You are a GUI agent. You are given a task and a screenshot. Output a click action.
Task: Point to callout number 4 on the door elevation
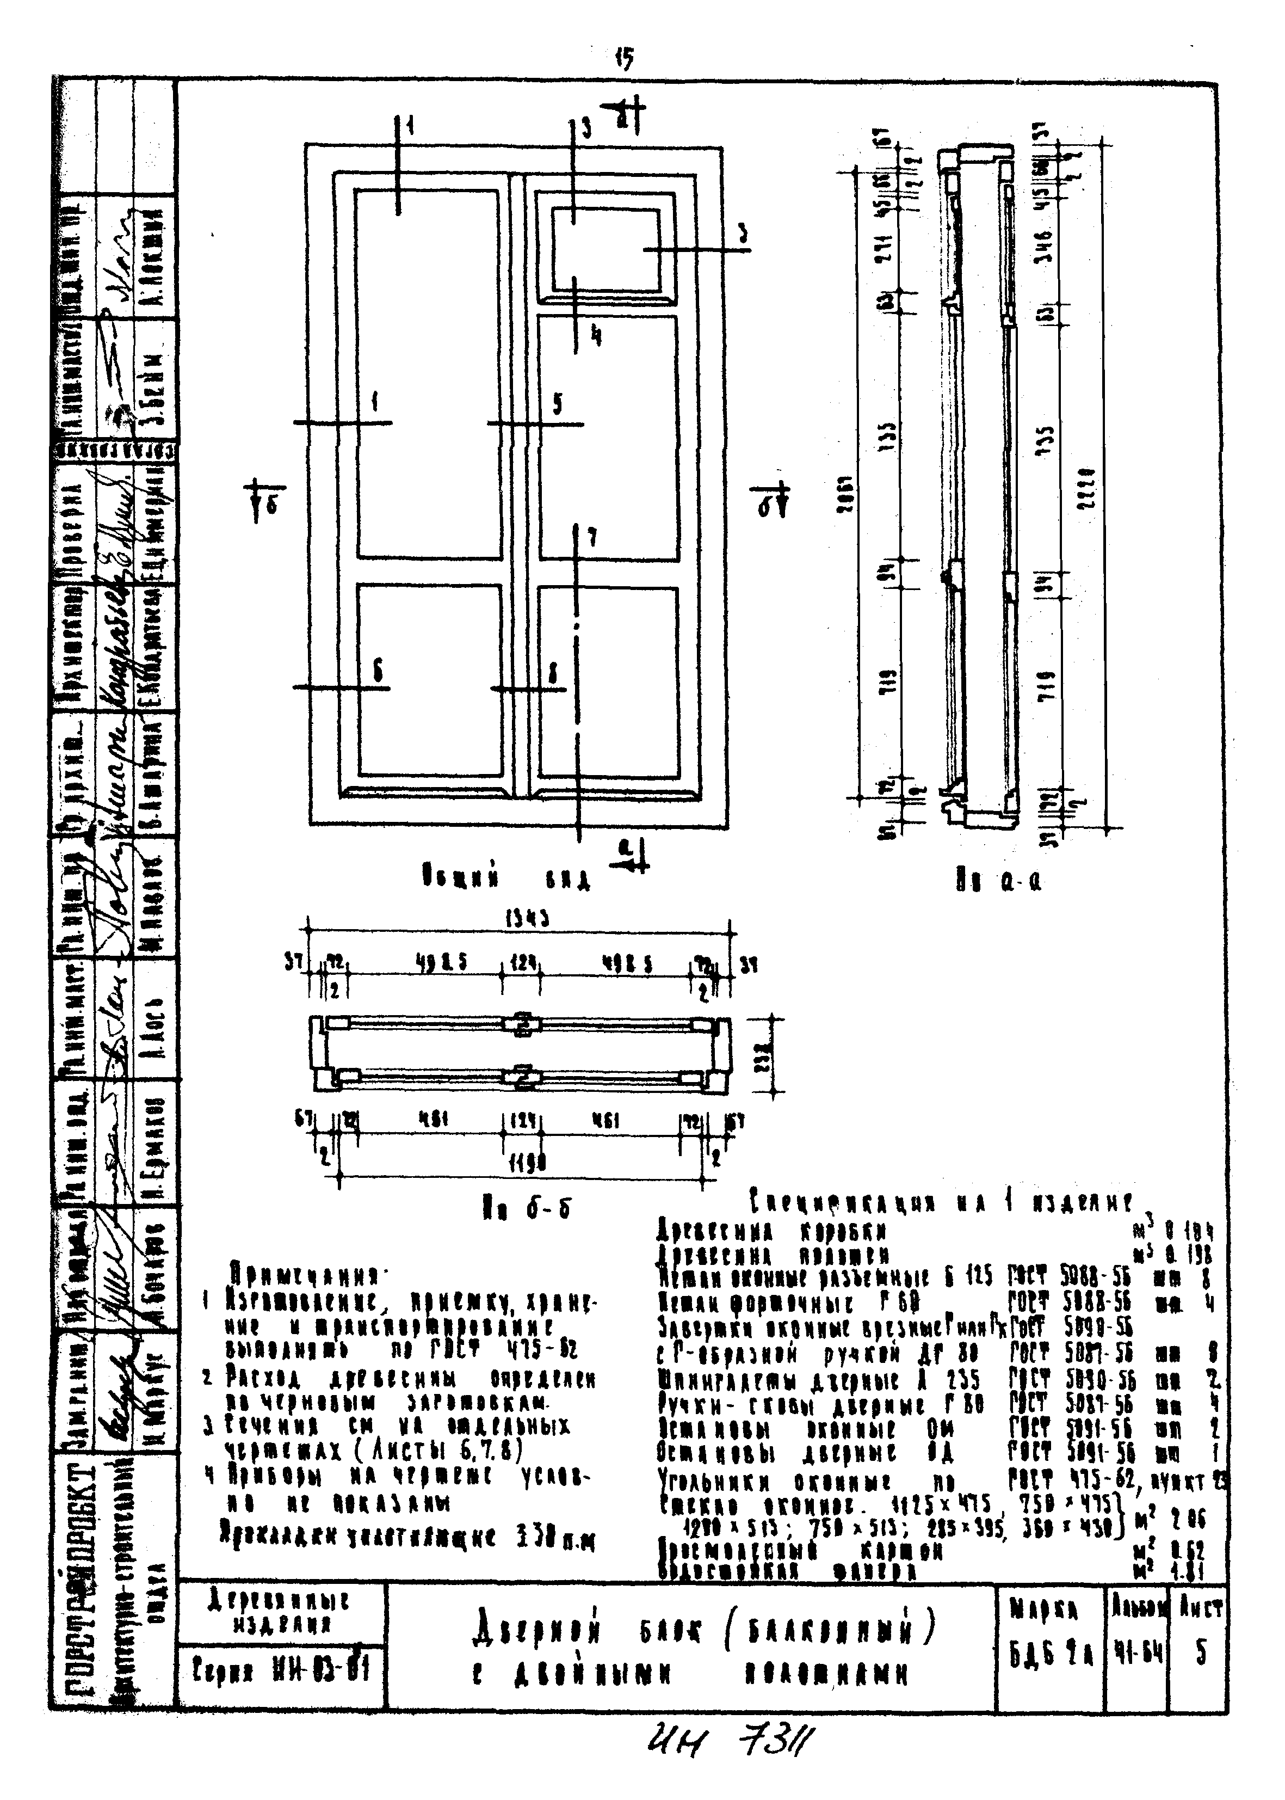(x=596, y=336)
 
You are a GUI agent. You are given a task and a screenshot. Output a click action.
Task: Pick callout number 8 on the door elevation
(x=552, y=674)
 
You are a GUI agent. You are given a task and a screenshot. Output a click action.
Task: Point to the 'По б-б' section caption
(x=528, y=1209)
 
